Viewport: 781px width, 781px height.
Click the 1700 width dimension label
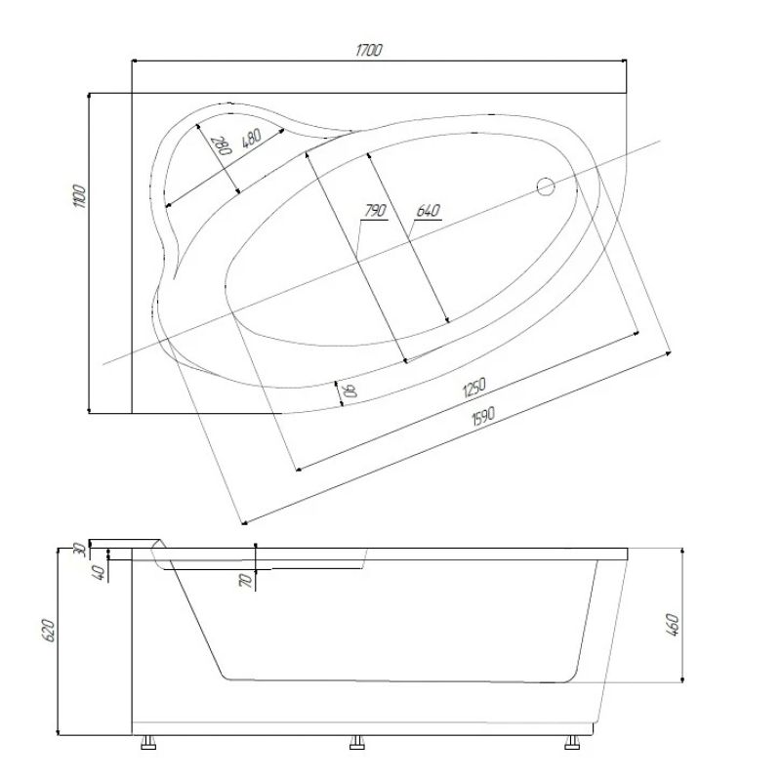click(369, 50)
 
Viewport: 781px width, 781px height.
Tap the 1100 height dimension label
click(80, 196)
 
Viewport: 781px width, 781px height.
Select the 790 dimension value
click(376, 210)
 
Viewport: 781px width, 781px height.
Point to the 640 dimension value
click(429, 210)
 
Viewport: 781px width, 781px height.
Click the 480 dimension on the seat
click(252, 138)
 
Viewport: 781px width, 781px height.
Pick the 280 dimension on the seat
click(224, 145)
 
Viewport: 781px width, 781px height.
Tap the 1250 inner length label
click(473, 388)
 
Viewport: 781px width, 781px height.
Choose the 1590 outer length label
click(483, 416)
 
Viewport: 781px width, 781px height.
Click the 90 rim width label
click(350, 390)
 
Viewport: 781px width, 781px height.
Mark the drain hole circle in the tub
click(546, 186)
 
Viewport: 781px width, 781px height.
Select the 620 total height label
click(48, 630)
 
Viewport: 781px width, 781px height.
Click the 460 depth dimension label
click(672, 625)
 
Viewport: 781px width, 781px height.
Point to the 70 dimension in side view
click(245, 580)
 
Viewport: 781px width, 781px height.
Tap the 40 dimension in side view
click(100, 573)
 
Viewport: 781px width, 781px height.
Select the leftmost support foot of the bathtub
click(148, 742)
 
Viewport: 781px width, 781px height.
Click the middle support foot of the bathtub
click(356, 742)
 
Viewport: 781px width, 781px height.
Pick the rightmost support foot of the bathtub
click(572, 742)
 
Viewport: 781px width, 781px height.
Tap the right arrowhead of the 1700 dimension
click(624, 61)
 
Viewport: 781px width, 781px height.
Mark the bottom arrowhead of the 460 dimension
click(681, 678)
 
